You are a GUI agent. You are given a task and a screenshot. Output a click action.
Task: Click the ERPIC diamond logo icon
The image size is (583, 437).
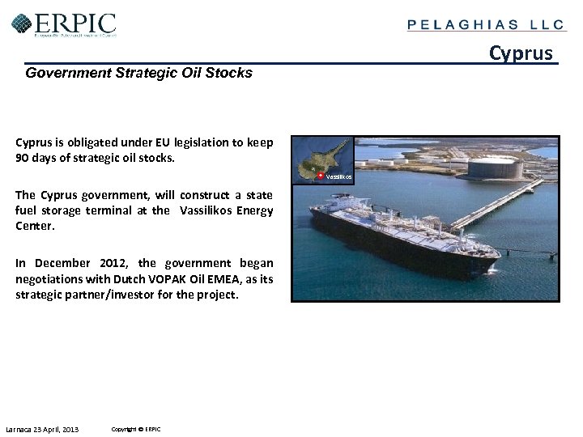(x=22, y=24)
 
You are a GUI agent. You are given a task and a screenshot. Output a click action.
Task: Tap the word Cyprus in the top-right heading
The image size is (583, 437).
(x=521, y=53)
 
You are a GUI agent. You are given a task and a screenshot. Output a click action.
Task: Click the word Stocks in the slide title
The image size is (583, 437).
(x=229, y=73)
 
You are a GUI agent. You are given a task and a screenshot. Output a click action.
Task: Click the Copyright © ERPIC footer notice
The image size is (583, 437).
(x=136, y=429)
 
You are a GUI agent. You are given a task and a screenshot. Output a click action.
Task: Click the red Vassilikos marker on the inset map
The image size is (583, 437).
(x=320, y=176)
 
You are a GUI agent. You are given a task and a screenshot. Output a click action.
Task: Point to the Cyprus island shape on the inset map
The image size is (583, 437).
(x=321, y=159)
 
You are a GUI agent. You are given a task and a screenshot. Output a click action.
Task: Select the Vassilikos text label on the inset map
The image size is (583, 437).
(x=338, y=176)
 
